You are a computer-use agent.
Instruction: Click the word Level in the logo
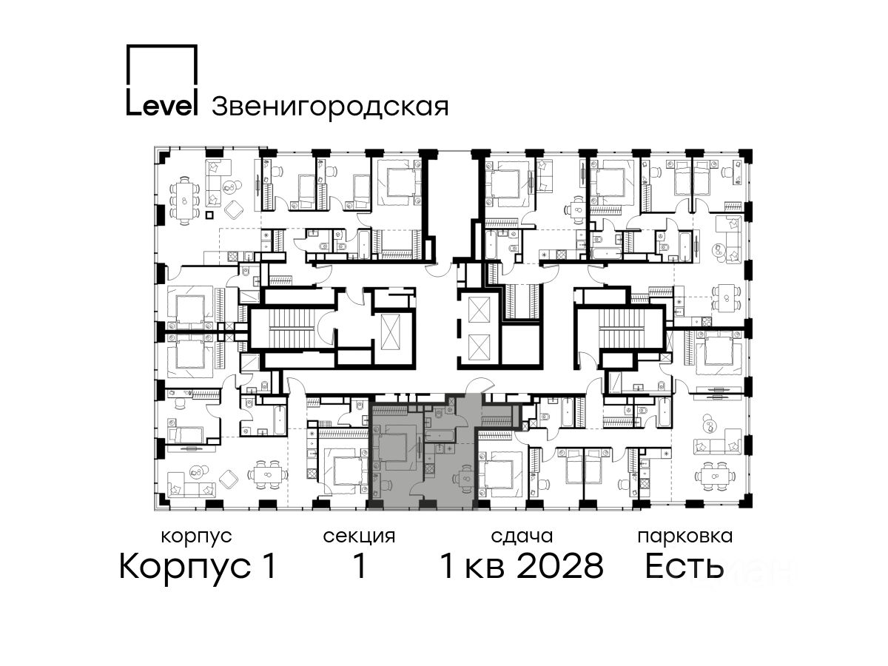point(162,106)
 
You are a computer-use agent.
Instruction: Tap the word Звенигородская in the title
point(330,107)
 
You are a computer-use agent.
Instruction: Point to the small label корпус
point(196,537)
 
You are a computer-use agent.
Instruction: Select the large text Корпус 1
point(198,567)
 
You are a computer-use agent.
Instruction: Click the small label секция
point(359,537)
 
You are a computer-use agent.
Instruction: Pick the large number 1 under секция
point(360,566)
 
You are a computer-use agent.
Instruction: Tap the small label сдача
point(522,537)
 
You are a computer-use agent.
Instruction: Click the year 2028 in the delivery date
point(560,566)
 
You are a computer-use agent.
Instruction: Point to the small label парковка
point(685,537)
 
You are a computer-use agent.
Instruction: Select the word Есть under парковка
point(684,566)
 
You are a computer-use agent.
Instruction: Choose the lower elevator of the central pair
point(479,347)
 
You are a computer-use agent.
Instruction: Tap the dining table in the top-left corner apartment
point(184,200)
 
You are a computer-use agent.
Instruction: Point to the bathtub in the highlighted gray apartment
point(440,436)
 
